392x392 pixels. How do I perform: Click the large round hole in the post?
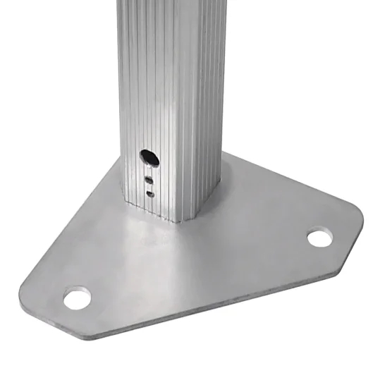click(149, 156)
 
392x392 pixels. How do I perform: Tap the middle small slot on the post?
click(149, 180)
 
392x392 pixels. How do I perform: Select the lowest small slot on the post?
click(150, 192)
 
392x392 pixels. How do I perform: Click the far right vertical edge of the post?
click(227, 92)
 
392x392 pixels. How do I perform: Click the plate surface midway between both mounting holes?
click(197, 268)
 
